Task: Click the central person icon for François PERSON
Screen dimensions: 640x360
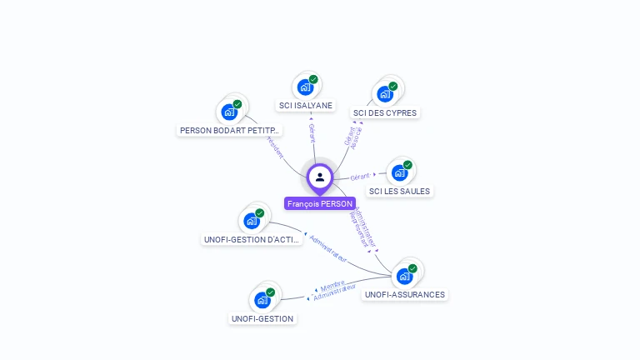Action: click(320, 177)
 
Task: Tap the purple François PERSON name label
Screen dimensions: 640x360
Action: click(320, 203)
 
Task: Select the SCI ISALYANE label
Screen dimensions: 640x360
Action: click(306, 106)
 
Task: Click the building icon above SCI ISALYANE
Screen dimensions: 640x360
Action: click(305, 87)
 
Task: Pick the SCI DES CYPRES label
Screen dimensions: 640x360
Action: click(385, 112)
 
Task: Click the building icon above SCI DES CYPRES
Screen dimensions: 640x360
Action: click(385, 93)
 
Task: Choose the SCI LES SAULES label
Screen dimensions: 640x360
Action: click(399, 191)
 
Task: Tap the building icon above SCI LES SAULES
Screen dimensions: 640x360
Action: click(399, 172)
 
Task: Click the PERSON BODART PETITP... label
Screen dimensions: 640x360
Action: click(231, 130)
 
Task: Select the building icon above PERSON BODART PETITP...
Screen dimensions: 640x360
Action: click(229, 112)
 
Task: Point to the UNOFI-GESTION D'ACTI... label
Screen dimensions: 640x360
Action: click(252, 239)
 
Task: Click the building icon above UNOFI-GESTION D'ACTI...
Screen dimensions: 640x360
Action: click(252, 221)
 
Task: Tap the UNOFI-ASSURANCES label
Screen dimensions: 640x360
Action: click(405, 294)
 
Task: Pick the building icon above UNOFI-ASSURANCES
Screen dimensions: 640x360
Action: click(405, 276)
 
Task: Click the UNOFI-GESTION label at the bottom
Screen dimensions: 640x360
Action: click(262, 318)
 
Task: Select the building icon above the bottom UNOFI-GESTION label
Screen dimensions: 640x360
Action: click(262, 299)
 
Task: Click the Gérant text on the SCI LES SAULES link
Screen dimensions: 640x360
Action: click(360, 177)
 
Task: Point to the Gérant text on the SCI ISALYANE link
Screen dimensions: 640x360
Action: click(312, 133)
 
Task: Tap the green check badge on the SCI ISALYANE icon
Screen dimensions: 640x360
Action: click(313, 79)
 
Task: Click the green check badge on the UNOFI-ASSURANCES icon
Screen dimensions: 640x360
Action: click(412, 268)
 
